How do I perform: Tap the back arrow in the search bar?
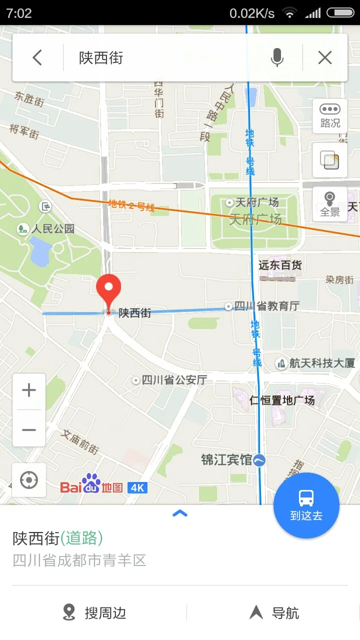point(37,58)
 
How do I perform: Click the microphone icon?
point(277,58)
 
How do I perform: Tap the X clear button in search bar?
point(325,58)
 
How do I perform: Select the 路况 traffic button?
point(330,116)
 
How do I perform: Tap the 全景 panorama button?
point(330,204)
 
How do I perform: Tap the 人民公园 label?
point(52,229)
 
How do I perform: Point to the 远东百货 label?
point(280,265)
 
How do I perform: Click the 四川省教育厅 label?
point(266,306)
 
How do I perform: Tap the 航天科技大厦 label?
point(321,363)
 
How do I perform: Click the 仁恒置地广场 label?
point(282,400)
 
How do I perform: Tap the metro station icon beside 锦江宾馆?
point(259,460)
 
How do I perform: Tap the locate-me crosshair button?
point(29,480)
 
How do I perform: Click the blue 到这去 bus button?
point(306,505)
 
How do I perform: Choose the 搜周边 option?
point(95,612)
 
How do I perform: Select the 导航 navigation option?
point(275,612)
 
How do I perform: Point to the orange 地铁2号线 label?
point(131,205)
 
